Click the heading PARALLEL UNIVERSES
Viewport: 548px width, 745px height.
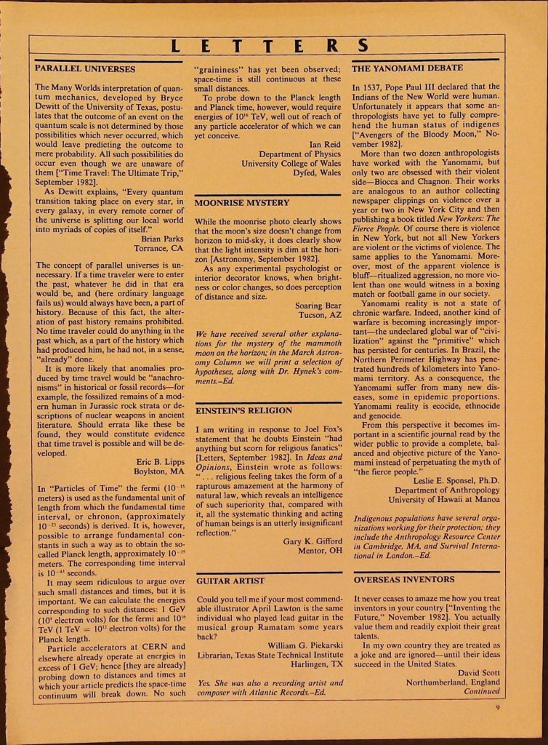click(85, 69)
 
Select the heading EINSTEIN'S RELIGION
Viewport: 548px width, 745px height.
click(244, 411)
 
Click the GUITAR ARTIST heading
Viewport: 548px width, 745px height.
click(231, 581)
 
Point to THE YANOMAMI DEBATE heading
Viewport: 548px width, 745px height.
click(407, 68)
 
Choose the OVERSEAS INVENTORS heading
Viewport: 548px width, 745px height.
click(403, 580)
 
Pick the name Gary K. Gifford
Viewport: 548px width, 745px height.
click(313, 541)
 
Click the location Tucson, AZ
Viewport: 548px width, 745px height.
click(316, 316)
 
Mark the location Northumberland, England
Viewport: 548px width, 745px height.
click(452, 682)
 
